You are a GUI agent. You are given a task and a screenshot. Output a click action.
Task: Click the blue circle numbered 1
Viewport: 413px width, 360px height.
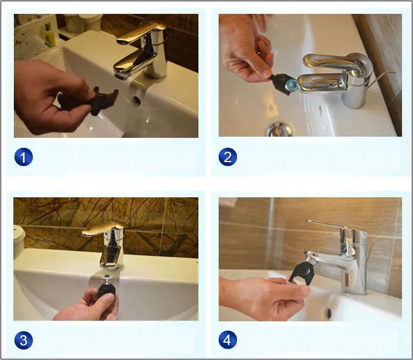(x=24, y=157)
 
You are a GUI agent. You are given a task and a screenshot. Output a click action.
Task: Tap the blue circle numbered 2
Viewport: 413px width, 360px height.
(x=228, y=157)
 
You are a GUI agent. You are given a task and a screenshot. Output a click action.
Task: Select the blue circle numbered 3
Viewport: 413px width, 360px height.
(x=24, y=340)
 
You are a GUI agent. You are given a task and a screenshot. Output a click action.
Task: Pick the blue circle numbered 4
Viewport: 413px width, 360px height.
(x=228, y=340)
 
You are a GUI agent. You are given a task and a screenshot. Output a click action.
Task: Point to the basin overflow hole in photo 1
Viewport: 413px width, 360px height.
(x=137, y=100)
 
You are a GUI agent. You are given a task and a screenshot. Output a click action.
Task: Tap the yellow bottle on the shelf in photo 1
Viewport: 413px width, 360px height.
(x=48, y=36)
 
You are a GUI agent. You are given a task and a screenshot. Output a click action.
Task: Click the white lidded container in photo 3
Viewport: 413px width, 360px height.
(x=19, y=241)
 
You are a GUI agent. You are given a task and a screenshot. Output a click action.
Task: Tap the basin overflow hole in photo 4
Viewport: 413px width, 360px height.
(x=329, y=313)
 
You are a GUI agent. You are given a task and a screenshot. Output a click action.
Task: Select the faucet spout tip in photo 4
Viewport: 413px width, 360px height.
(x=310, y=257)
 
